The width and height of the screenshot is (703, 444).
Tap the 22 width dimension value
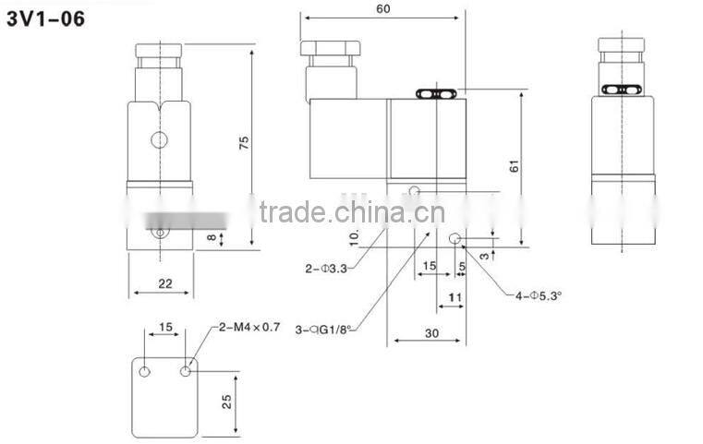tap(164, 283)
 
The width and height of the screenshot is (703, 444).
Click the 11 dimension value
tap(455, 297)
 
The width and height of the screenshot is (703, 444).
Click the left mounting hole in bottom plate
tap(145, 371)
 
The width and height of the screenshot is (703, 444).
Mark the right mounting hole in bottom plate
tap(188, 371)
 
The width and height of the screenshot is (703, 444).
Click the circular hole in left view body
tap(159, 140)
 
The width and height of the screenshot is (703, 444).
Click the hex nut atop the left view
tap(163, 48)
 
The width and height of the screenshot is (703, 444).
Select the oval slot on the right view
tap(624, 90)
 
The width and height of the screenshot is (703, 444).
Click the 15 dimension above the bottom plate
tap(165, 327)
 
